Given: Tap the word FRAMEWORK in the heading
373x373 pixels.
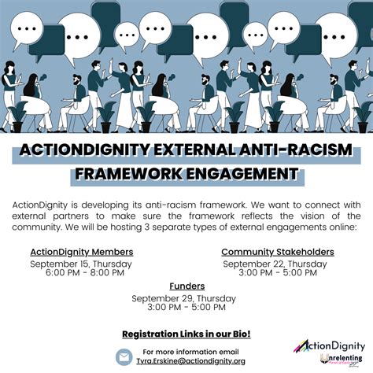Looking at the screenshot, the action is coord(128,173).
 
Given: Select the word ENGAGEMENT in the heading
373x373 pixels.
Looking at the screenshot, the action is coord(242,173).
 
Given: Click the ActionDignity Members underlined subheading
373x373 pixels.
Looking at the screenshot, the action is coord(82,252).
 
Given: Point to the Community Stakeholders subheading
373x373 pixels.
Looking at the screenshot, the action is coord(278,252).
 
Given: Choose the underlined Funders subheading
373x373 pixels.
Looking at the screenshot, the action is coord(187,286).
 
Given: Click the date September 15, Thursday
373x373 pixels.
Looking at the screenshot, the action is coord(81,264).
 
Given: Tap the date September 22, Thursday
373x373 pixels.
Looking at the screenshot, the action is coord(275,264).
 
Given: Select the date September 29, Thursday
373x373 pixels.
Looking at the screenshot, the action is coord(183,298).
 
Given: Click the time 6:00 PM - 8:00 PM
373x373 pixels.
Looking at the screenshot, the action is coord(85,273).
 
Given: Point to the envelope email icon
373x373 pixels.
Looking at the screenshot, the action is coord(124,357).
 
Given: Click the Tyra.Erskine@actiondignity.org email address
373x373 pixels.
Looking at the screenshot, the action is coord(190,361).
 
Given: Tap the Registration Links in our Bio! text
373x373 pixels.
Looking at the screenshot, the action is coord(186,334).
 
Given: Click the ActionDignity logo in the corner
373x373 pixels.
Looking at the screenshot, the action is coord(329,346).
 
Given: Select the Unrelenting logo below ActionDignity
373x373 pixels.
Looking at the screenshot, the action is coord(342,360).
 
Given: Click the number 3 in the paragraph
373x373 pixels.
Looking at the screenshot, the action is coord(147,227).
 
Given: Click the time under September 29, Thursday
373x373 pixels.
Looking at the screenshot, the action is coord(186,307).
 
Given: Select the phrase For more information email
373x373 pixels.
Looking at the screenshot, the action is coord(190,352).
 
